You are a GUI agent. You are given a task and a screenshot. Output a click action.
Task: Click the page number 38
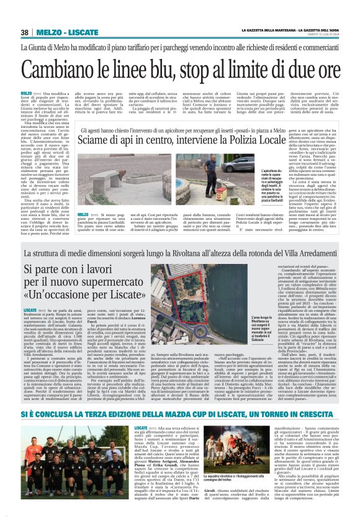click(25, 32)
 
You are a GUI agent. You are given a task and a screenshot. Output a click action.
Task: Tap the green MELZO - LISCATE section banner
click(70, 32)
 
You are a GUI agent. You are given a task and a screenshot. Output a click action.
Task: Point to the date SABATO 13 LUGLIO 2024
click(321, 34)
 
